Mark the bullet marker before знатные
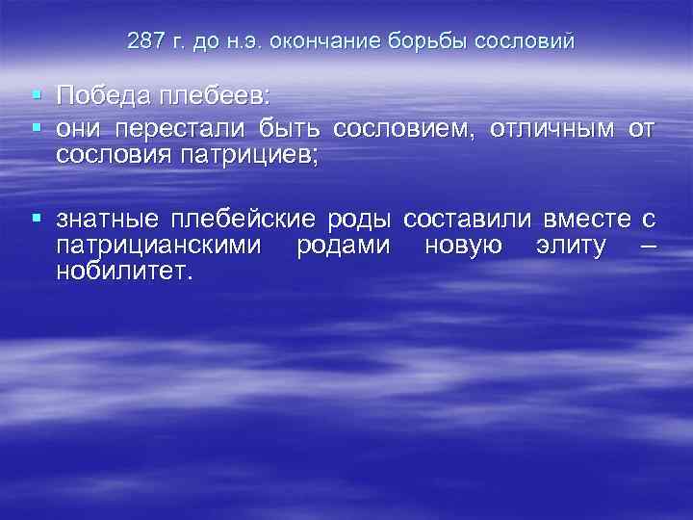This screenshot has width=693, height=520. (36, 219)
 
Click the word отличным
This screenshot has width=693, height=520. (551, 129)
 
